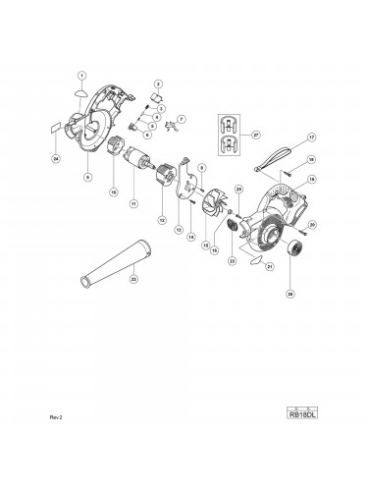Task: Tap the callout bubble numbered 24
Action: click(56, 157)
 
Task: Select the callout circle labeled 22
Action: click(134, 279)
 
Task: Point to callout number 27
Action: click(256, 135)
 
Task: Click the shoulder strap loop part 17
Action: click(269, 158)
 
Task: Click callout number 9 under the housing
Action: click(88, 178)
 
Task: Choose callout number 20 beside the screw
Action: click(311, 225)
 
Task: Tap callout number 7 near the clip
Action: click(181, 119)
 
